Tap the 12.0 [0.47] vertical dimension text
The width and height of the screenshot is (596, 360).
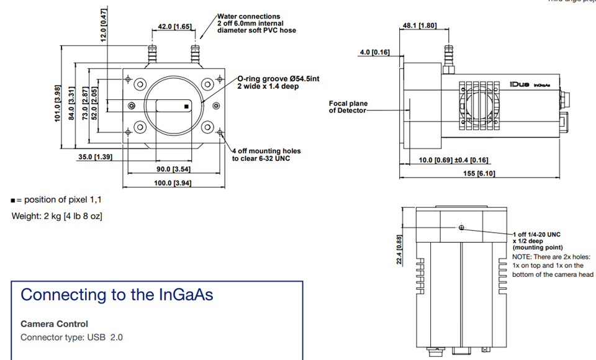tap(104, 24)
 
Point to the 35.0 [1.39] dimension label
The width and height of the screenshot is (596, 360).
tap(94, 157)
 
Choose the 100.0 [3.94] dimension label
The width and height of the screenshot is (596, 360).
tap(173, 182)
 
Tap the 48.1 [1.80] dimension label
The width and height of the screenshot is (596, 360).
tap(420, 25)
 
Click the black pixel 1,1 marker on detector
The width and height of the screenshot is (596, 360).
tap(186, 107)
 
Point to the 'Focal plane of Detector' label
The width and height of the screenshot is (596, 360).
tap(348, 107)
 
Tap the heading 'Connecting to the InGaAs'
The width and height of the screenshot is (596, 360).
tap(117, 294)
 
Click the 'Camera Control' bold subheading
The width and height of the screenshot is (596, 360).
tap(54, 323)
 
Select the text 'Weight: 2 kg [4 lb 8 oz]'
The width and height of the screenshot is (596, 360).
tap(57, 216)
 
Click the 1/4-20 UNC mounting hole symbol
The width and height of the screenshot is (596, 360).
tap(461, 228)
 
